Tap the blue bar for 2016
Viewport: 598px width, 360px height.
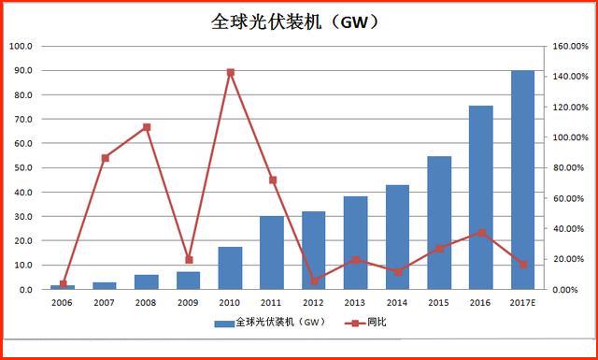pos(481,197)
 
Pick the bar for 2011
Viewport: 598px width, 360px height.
pos(272,252)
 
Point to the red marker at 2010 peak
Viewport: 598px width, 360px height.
pos(231,72)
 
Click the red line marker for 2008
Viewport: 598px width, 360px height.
pos(147,127)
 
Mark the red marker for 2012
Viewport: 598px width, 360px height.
pos(314,281)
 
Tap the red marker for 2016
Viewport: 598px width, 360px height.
pos(481,232)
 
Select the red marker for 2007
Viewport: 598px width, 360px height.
pos(105,158)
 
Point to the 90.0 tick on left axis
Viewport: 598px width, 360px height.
pos(21,70)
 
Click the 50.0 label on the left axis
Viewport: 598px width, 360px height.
pos(21,168)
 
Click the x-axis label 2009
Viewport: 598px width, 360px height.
pos(188,303)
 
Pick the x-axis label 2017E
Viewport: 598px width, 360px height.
pos(522,303)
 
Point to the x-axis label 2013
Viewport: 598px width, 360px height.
pos(355,303)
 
